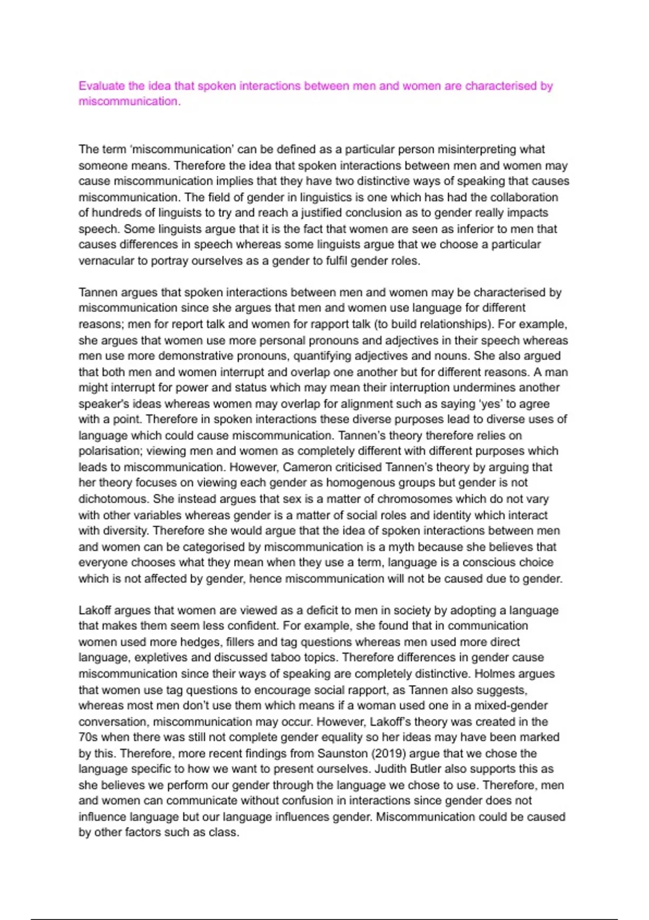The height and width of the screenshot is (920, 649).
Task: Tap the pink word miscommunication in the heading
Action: (x=129, y=101)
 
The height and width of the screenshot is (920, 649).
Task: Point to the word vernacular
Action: (x=106, y=261)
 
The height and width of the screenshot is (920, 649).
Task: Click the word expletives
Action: (x=161, y=658)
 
